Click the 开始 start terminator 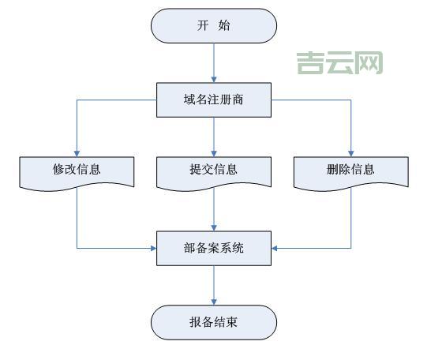[x=213, y=25]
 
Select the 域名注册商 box [x=213, y=100]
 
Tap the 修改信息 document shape [x=77, y=170]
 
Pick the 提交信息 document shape [x=213, y=170]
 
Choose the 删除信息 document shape [x=350, y=170]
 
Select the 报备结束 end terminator [x=213, y=321]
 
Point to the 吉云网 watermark [x=340, y=62]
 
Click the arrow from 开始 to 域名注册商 [x=213, y=62]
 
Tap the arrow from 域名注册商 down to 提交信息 [x=213, y=134]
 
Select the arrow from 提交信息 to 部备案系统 [x=213, y=209]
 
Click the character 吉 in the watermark [x=311, y=62]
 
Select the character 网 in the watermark [x=369, y=62]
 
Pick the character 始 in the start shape [x=225, y=25]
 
